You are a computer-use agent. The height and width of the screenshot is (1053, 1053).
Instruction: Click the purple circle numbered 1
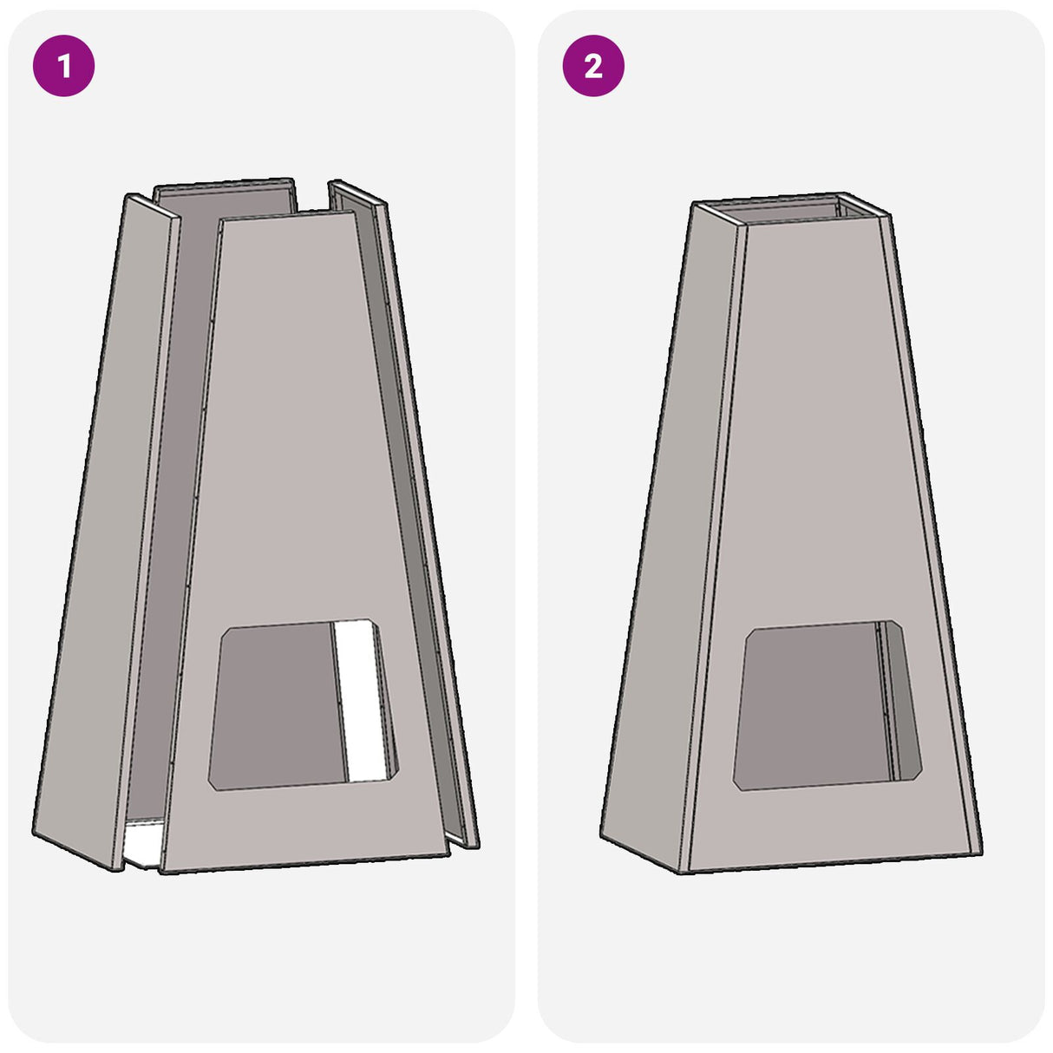[x=64, y=66]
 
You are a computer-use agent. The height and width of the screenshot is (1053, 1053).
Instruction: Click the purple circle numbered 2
[x=593, y=66]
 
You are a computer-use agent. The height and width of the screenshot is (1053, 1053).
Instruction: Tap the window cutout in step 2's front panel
[x=827, y=705]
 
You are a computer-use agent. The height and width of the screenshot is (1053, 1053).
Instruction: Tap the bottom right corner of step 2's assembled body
[x=981, y=853]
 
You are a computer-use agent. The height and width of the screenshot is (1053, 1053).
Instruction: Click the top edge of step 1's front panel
[x=287, y=216]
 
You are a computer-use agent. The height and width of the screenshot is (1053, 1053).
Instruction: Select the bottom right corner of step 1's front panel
[x=449, y=853]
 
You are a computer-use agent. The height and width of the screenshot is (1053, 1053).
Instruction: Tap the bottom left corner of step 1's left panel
[x=34, y=834]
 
